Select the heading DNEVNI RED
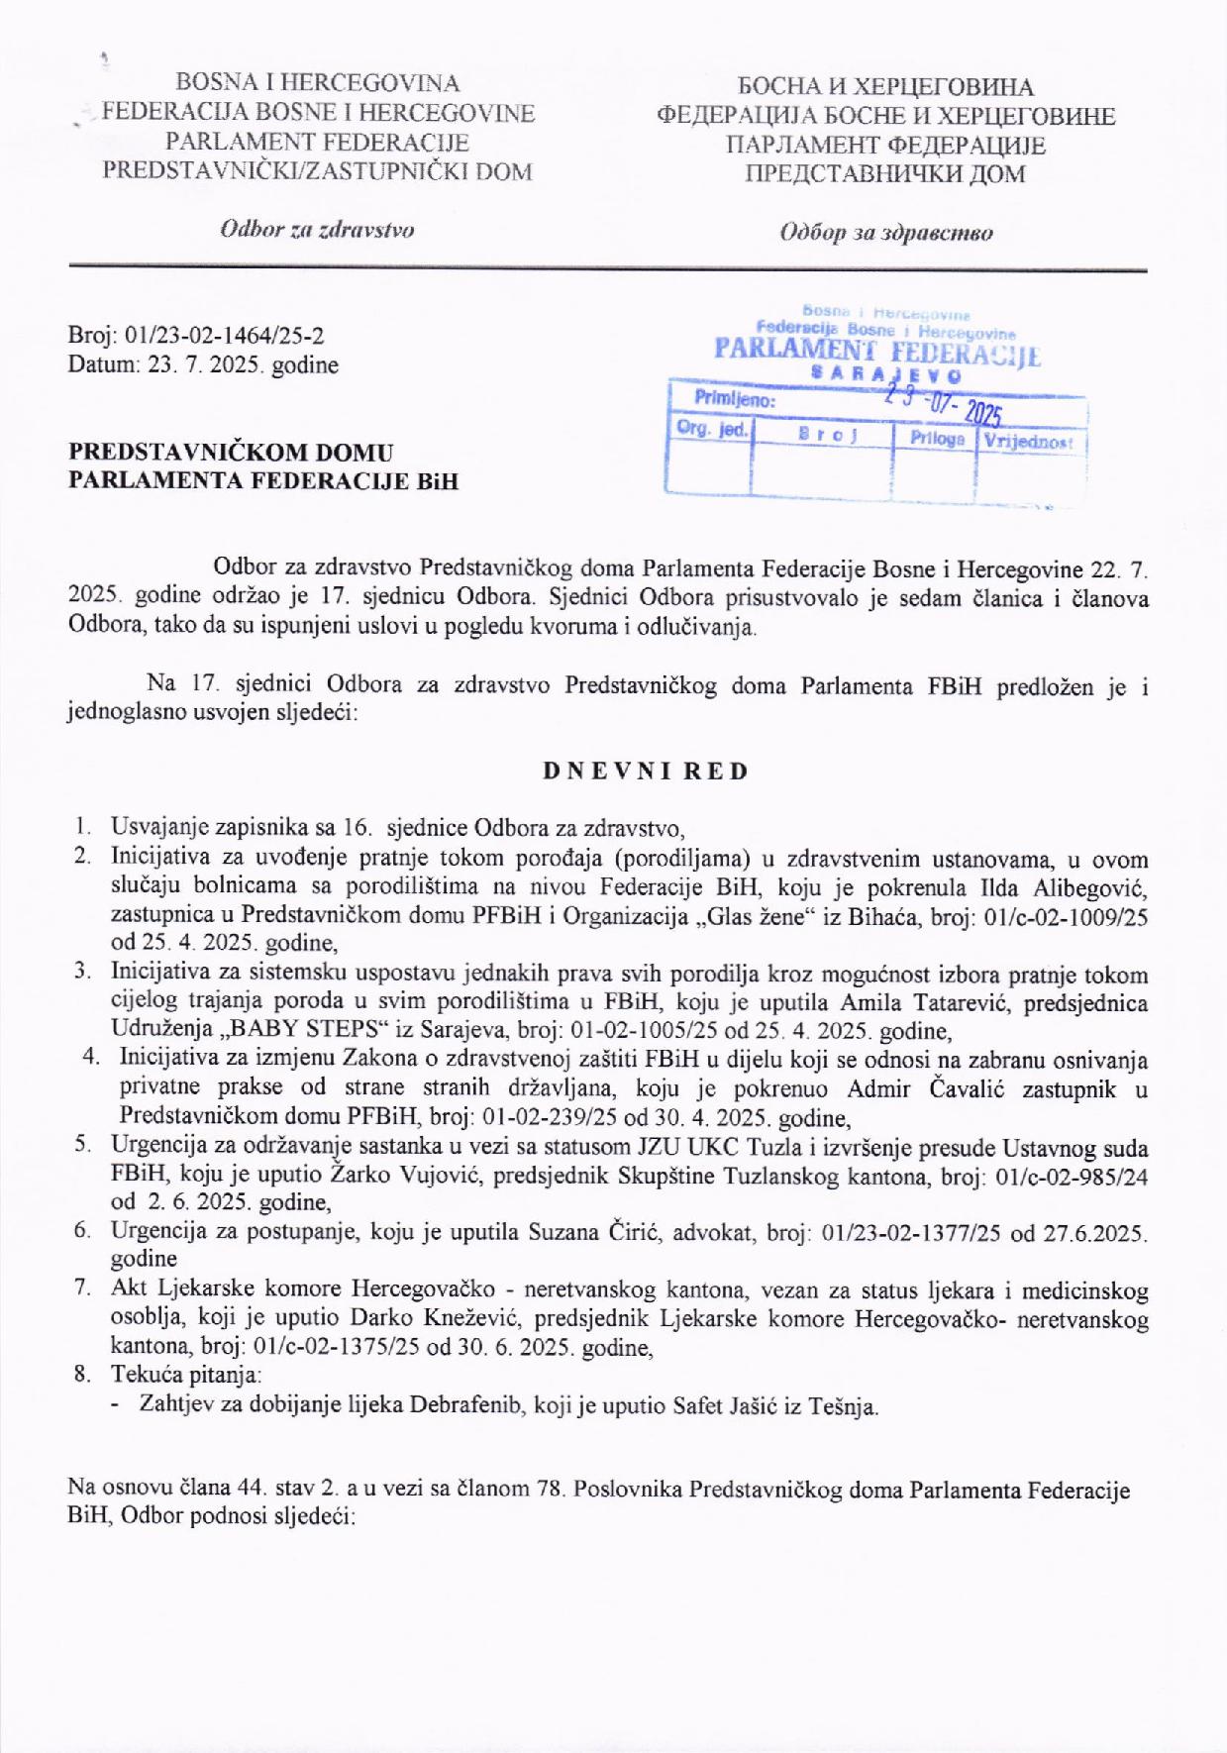646,772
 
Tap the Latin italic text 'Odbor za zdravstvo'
317,230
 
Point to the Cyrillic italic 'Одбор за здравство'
885,233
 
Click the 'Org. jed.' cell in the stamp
712,430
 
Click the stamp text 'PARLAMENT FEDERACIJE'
876,352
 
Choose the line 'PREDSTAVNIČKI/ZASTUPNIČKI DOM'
317,171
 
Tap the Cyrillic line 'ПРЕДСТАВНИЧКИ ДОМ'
885,174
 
